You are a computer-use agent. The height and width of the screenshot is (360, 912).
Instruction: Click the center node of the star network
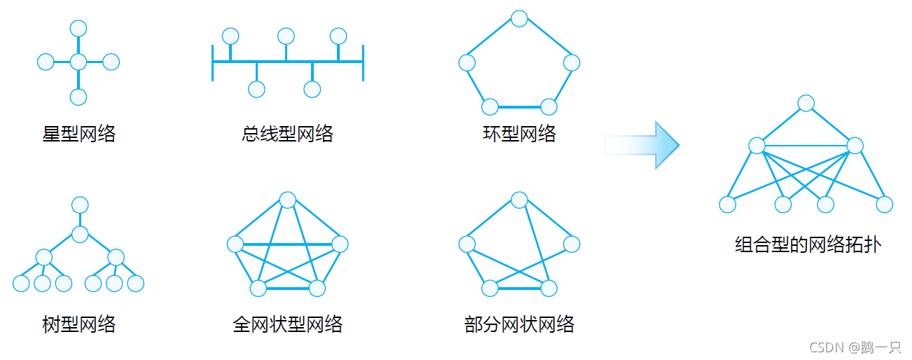(78, 62)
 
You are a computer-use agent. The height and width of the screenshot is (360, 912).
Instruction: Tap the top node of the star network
(78, 29)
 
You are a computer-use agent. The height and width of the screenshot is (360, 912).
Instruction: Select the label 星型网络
(79, 133)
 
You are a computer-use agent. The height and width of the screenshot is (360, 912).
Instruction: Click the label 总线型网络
(288, 133)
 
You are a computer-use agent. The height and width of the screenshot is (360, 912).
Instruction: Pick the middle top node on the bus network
(286, 36)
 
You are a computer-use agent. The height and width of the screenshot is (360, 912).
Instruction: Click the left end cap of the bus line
(212, 62)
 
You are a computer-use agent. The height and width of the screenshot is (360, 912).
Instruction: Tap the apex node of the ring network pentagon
(519, 19)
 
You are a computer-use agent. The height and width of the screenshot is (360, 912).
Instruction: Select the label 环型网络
(519, 133)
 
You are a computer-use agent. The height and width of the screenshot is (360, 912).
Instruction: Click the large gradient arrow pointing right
(642, 145)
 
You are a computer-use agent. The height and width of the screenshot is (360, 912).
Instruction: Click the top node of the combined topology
(806, 104)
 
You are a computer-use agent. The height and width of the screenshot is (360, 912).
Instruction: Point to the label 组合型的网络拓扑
(808, 245)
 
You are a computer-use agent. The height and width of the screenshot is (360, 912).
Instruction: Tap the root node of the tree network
(80, 205)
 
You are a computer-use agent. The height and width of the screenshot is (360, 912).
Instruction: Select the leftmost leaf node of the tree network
(21, 284)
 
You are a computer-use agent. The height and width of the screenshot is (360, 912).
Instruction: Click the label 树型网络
(79, 324)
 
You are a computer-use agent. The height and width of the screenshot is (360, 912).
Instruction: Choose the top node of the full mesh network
(287, 200)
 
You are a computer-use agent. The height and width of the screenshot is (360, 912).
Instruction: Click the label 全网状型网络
(288, 324)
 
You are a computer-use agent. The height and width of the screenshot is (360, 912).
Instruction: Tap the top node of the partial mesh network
(519, 200)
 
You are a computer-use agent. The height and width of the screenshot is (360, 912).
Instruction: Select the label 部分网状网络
(519, 324)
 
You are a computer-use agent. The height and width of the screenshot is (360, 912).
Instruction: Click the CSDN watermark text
(855, 347)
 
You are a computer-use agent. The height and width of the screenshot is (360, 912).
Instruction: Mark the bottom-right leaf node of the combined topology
(885, 205)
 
